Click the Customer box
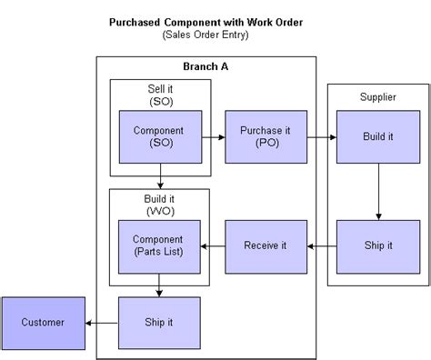pyautogui.click(x=42, y=322)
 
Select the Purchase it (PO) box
pyautogui.click(x=266, y=137)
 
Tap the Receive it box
pyautogui.click(x=266, y=245)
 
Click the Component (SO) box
pyautogui.click(x=159, y=137)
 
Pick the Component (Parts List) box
pyautogui.click(x=159, y=245)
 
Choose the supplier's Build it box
pyautogui.click(x=377, y=137)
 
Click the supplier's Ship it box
pyautogui.click(x=377, y=245)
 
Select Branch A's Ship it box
pyautogui.click(x=159, y=322)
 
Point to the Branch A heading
pyautogui.click(x=206, y=69)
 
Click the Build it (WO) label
pyautogui.click(x=160, y=205)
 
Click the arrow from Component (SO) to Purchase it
pyautogui.click(x=213, y=137)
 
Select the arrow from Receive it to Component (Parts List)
pyautogui.click(x=213, y=245)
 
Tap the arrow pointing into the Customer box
pyautogui.click(x=101, y=322)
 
